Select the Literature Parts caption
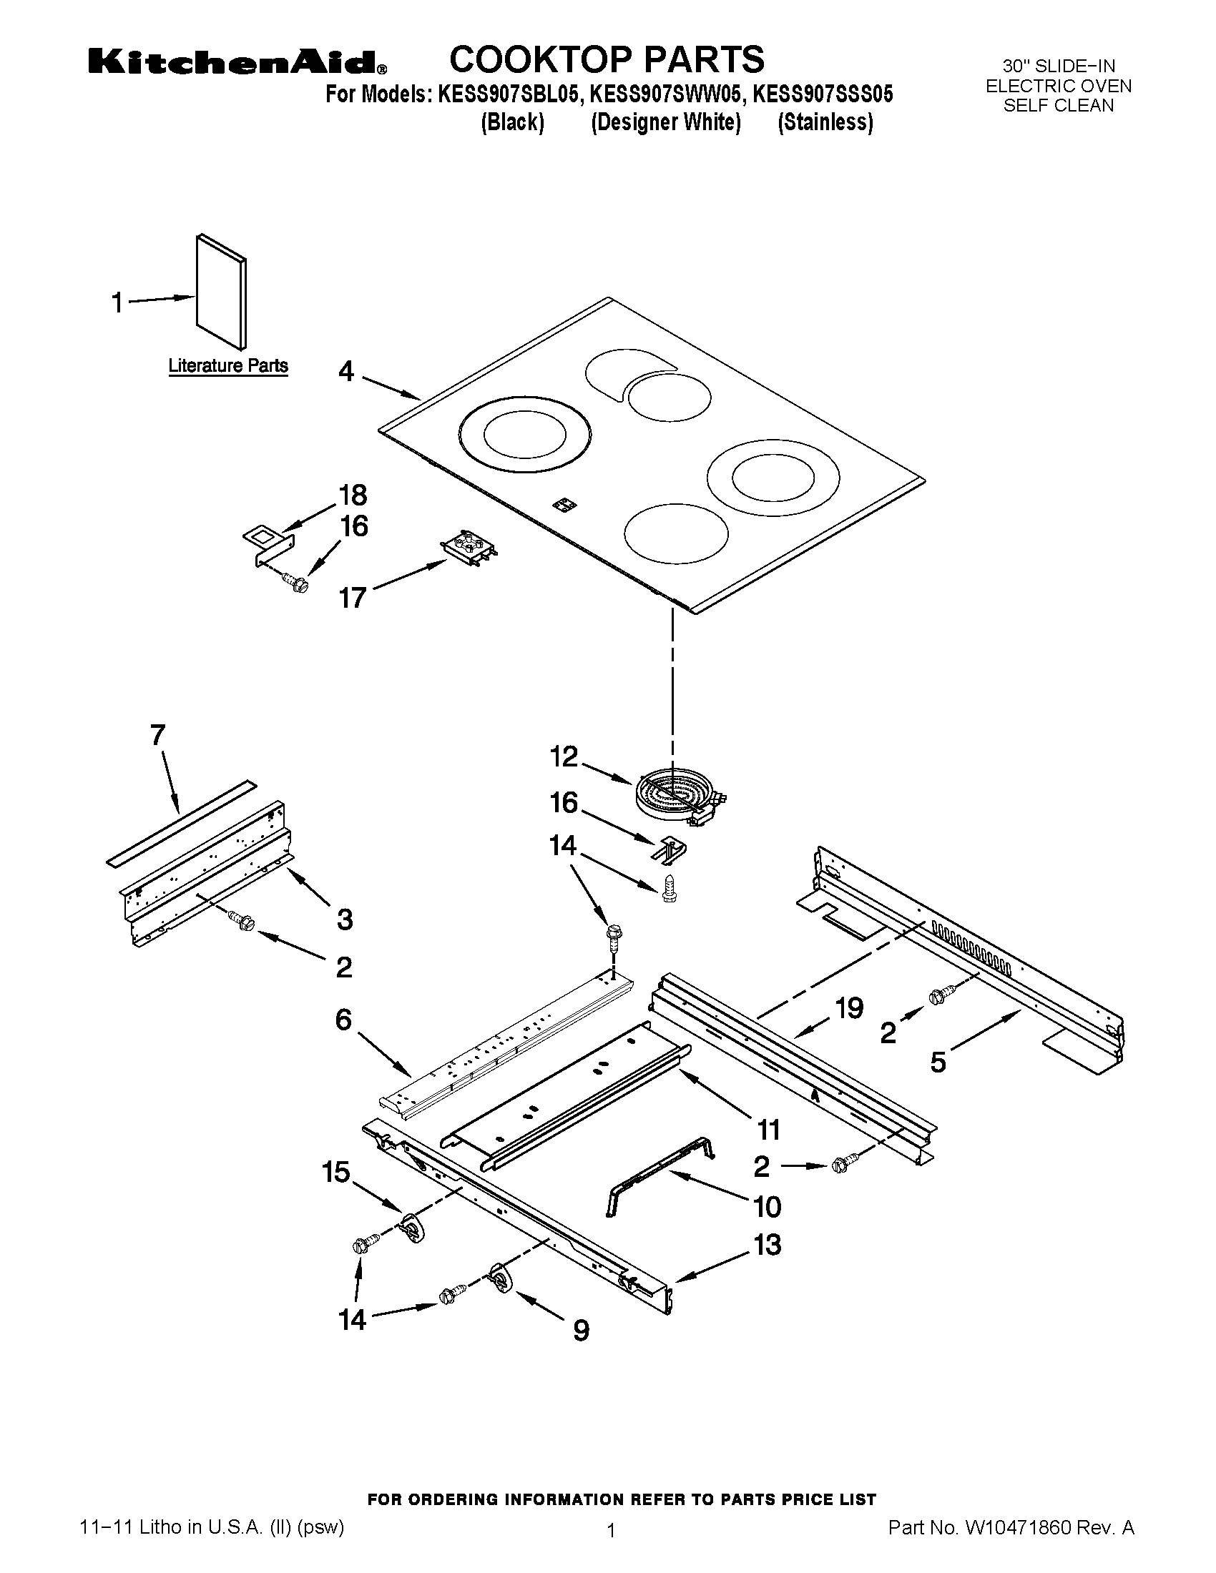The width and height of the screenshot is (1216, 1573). pos(227,366)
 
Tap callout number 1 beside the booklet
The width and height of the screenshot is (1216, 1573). pos(117,303)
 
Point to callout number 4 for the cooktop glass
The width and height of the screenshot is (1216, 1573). pos(346,372)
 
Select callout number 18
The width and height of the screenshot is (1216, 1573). pos(353,495)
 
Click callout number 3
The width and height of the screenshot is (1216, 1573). pos(345,919)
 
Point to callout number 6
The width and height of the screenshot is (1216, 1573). pos(343,1019)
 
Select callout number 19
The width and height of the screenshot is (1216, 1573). pos(850,1008)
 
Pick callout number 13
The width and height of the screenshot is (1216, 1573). pos(768,1245)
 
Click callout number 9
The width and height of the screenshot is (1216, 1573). pos(581,1331)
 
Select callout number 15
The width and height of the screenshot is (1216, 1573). pos(335,1173)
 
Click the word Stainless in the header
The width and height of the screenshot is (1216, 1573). pos(825,122)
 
